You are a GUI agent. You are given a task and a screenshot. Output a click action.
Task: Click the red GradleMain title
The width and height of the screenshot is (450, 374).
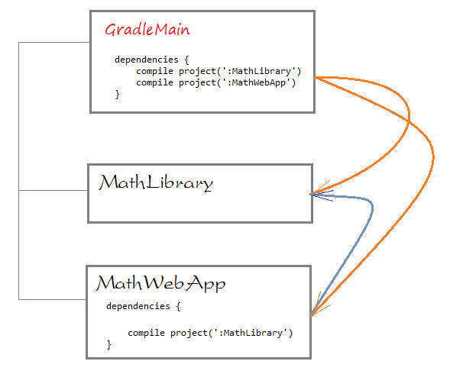[147, 30]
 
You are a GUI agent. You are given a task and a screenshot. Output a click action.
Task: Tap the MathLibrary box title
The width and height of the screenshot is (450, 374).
[156, 182]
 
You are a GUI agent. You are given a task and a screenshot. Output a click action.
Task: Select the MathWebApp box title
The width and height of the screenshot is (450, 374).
[160, 283]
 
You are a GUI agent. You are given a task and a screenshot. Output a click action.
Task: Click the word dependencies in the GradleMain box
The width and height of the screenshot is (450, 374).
[147, 60]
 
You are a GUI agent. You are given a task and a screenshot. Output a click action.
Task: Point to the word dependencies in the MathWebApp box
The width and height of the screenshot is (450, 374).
[138, 306]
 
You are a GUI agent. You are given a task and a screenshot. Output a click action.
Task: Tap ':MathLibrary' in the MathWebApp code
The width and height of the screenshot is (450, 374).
[251, 333]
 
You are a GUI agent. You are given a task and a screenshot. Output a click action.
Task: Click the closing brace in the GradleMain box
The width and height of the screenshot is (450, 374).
[117, 94]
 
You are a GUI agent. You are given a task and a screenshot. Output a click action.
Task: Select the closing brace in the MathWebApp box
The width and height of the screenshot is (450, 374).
[108, 344]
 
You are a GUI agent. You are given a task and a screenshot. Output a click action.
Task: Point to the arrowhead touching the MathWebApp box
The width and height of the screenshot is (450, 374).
[319, 306]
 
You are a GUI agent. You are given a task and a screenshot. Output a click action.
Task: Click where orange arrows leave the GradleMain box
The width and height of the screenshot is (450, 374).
[316, 77]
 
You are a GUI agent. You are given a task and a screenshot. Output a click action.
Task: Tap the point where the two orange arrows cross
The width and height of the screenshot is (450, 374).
[409, 123]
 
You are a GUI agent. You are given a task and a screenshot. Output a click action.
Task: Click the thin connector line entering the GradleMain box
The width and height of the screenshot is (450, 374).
[54, 43]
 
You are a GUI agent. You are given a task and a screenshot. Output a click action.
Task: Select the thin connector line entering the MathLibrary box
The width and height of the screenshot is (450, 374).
[53, 190]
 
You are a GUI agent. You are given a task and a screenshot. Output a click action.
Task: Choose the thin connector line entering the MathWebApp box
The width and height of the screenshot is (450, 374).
[53, 299]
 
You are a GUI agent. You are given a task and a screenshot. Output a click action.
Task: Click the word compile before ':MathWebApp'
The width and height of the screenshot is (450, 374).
[154, 82]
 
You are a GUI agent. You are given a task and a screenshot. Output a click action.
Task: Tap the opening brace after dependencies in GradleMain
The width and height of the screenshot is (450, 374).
[186, 60]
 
